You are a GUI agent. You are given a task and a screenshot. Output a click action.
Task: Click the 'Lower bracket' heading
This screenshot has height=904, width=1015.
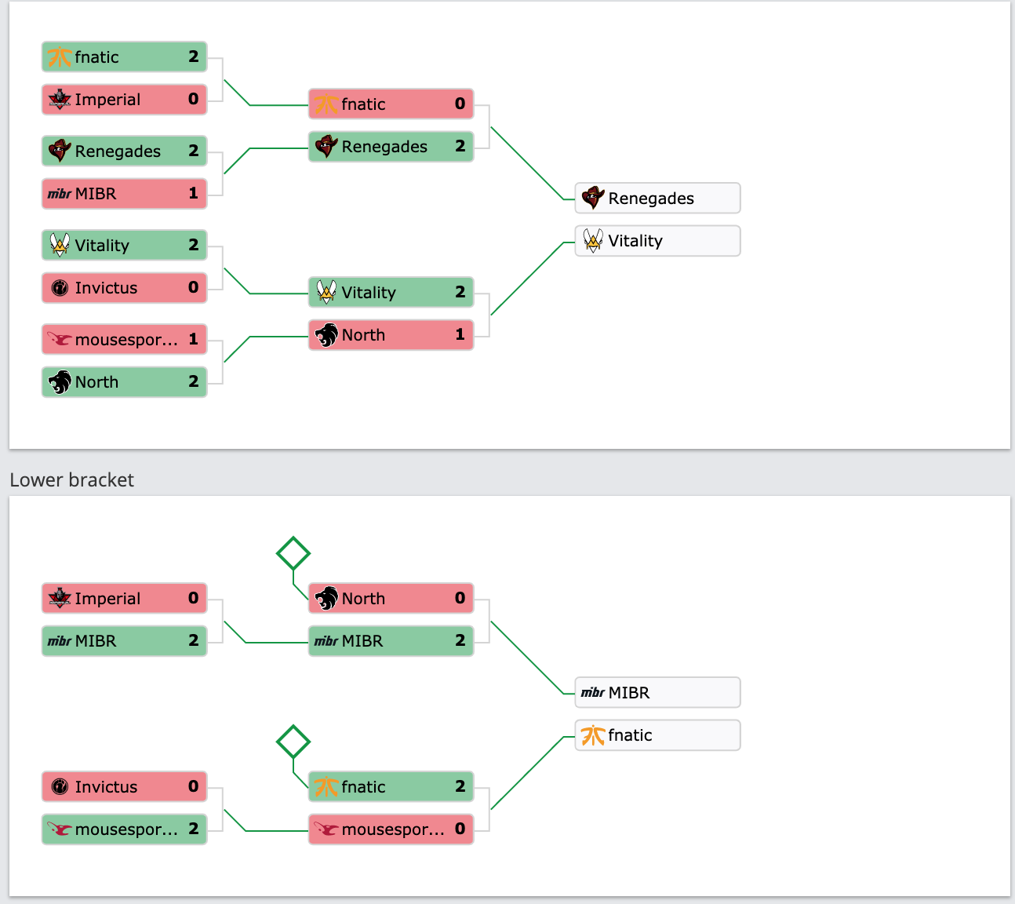[71, 479]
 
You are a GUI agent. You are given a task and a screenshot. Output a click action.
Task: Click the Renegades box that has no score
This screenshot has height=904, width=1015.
[657, 198]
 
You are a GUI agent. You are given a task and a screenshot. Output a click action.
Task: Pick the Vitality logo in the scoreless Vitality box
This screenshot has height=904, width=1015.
[593, 241]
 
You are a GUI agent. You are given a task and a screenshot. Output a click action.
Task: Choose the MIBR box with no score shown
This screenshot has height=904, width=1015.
[657, 693]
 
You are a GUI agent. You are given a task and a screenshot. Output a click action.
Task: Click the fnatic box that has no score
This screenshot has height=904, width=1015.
[657, 735]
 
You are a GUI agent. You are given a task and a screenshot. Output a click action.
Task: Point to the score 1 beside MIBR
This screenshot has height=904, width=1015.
[194, 193]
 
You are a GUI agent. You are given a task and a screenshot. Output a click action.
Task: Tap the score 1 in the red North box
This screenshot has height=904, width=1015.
[460, 334]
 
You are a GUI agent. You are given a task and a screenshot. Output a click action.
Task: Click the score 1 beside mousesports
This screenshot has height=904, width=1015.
[194, 339]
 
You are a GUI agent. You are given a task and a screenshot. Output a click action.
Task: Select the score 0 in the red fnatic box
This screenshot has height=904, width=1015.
[460, 104]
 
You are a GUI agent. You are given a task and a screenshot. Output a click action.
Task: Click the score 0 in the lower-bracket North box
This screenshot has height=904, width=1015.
[460, 598]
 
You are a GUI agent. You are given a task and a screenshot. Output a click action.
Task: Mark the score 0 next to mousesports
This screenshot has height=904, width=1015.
[460, 829]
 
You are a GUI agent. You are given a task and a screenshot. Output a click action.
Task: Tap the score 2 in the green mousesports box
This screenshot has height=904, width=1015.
[194, 829]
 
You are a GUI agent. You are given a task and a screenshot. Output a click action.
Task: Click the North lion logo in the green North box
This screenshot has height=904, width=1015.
[60, 382]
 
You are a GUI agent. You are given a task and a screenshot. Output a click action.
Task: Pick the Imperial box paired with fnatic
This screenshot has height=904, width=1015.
[124, 99]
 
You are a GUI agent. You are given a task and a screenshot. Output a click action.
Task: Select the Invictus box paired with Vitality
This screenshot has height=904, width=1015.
[124, 288]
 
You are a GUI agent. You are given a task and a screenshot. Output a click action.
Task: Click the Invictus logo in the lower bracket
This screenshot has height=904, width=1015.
[60, 787]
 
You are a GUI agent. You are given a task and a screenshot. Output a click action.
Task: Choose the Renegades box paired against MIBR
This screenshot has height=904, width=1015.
[124, 151]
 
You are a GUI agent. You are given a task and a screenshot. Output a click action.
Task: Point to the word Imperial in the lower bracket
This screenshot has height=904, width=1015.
[107, 599]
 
